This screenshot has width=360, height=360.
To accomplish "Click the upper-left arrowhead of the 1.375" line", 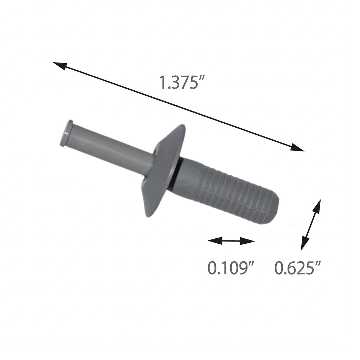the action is point(60,66).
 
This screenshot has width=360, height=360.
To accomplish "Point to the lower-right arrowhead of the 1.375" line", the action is point(297,147).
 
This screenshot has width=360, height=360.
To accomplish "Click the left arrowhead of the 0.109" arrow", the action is point(215,240).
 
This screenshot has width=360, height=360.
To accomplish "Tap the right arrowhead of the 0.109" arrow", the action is point(247,241).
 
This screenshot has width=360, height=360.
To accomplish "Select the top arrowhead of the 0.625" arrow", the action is point(317,207).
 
